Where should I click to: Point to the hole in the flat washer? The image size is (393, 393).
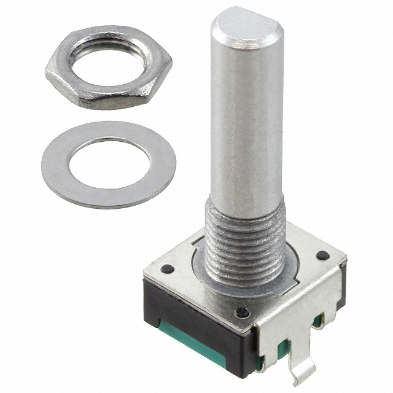click(x=109, y=163)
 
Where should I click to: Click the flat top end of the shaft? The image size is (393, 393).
click(x=247, y=25)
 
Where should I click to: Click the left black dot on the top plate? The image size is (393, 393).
click(x=166, y=268)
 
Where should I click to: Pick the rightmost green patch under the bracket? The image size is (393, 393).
click(x=317, y=321)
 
